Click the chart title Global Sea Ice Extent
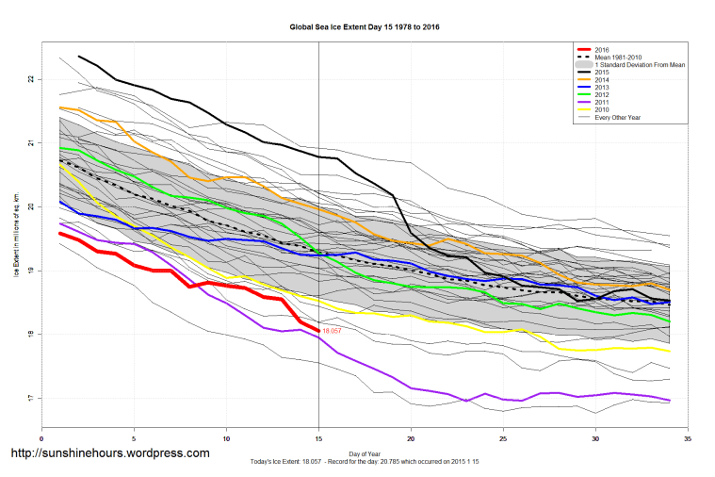click(x=364, y=27)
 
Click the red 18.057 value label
click(x=332, y=332)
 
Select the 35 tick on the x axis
click(x=688, y=438)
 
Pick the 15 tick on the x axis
click(x=318, y=438)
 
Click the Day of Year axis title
click(x=364, y=451)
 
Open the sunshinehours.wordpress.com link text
click(x=109, y=453)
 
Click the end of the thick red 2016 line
click(x=318, y=331)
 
